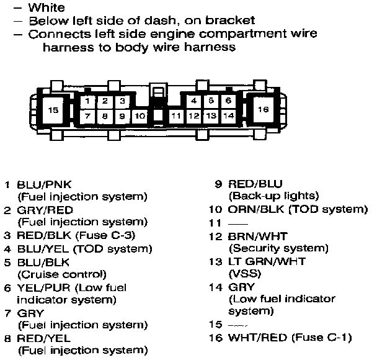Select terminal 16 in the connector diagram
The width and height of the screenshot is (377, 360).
263,109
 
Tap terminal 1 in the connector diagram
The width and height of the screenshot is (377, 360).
88,101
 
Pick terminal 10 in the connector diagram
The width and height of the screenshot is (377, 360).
140,115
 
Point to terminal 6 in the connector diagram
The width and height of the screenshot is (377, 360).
228,101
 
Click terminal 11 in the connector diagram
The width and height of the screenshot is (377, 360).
176,115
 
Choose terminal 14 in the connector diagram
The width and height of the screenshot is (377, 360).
228,115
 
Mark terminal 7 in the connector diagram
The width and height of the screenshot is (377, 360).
88,115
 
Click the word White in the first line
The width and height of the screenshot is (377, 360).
47,8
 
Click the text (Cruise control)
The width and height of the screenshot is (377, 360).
62,274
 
